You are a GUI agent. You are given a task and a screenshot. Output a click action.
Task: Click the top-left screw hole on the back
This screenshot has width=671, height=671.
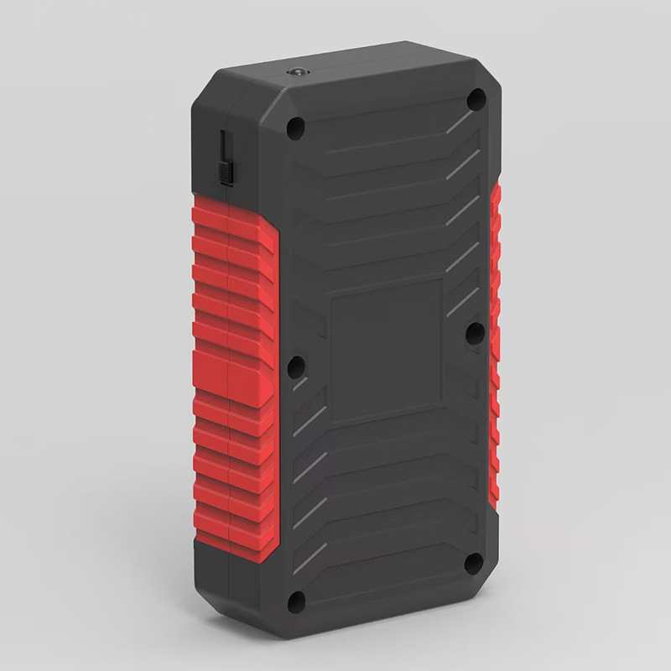(294, 129)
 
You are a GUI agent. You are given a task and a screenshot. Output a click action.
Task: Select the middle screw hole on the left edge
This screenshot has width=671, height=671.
(295, 366)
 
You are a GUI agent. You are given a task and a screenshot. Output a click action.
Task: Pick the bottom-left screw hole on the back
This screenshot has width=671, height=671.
(295, 601)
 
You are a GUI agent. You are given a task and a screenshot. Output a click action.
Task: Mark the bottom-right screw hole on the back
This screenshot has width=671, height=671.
(474, 563)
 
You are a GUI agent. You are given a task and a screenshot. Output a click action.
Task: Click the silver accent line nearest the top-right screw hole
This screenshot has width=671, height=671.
(459, 122)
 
